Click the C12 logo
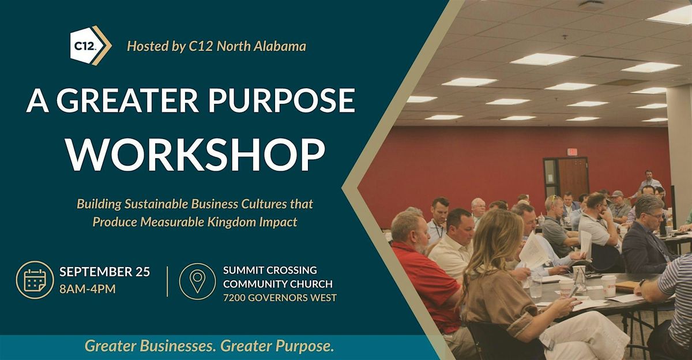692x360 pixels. pos(91,46)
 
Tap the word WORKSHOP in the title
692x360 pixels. pos(197,155)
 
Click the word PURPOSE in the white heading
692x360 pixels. pos(282,100)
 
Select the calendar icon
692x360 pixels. pos(35,280)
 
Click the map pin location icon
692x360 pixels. pos(197,281)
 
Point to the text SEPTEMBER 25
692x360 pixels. pos(105,272)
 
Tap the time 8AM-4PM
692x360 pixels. pos(88,289)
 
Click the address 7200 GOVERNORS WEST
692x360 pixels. pos(280,298)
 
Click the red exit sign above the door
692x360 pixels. pos(572,152)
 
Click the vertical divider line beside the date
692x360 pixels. pos(167,281)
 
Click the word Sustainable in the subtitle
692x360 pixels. pos(156,204)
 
